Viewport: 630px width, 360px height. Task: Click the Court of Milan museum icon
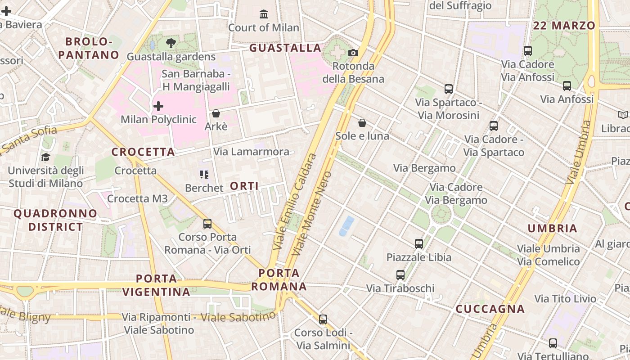click(x=264, y=14)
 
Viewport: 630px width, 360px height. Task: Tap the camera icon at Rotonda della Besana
click(x=353, y=53)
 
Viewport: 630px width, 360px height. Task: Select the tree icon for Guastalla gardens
click(x=171, y=43)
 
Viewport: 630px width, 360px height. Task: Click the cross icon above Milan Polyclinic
click(x=158, y=106)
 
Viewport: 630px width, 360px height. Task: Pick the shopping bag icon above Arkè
click(x=216, y=113)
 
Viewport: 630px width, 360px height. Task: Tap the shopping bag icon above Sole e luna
click(x=362, y=122)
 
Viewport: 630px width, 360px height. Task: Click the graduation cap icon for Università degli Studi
click(x=45, y=157)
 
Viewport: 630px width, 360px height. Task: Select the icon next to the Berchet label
click(x=204, y=174)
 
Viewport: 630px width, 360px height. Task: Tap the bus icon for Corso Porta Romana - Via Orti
click(x=207, y=223)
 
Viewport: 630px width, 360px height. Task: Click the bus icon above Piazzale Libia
click(x=419, y=244)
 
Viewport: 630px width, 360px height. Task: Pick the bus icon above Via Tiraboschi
click(x=400, y=274)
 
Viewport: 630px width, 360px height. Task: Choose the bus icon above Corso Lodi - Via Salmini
click(x=323, y=319)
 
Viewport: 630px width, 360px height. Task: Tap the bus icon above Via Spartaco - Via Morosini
click(x=449, y=89)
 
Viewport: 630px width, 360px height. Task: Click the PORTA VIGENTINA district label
click(x=156, y=285)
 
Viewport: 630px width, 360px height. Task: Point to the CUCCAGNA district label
click(x=490, y=309)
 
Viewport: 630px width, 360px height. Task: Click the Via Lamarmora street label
click(x=251, y=152)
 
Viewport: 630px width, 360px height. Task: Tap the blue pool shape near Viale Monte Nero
click(x=346, y=225)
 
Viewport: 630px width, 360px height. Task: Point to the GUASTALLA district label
click(x=285, y=48)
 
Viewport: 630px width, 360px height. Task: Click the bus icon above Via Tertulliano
click(x=553, y=343)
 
